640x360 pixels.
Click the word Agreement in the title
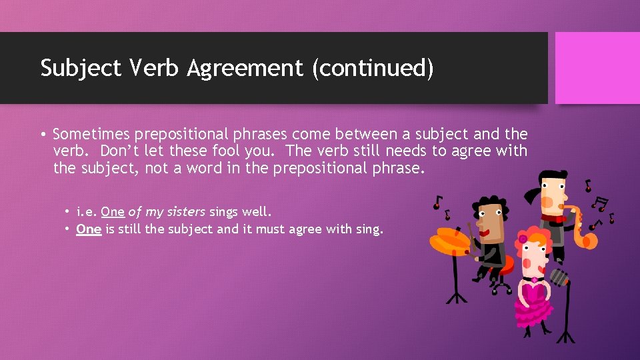(246, 69)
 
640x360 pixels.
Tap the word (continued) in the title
(373, 69)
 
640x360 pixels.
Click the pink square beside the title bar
(597, 68)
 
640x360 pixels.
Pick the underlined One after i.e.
(113, 212)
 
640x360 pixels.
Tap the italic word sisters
(185, 212)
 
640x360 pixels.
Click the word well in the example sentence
(258, 212)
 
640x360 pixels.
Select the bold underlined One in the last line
(89, 229)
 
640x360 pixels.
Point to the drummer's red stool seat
(504, 266)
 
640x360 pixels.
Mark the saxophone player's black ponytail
(532, 193)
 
